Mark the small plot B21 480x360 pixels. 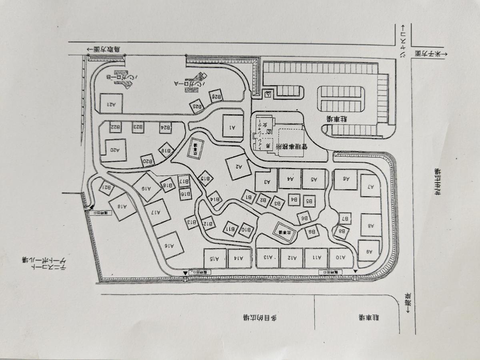pyautogui.click(x=107, y=188)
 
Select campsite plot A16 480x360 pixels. pyautogui.click(x=171, y=245)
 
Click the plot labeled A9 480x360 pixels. pyautogui.click(x=368, y=250)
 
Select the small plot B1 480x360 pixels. pyautogui.click(x=249, y=196)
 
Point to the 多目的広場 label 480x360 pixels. pyautogui.click(x=260, y=318)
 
